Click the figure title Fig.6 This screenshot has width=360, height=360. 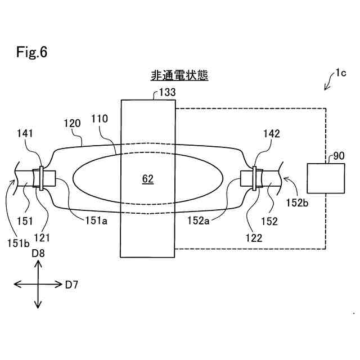(x=31, y=53)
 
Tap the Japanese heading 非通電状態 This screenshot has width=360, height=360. (x=179, y=75)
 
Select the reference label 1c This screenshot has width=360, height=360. (x=341, y=72)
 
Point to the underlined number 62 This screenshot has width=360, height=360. (x=147, y=179)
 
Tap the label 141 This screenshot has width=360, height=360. (x=25, y=133)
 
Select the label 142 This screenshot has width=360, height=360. (x=272, y=133)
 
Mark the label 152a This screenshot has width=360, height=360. (x=199, y=220)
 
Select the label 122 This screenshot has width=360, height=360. (x=254, y=238)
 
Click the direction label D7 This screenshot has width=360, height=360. (x=71, y=285)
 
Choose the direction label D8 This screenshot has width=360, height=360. (x=38, y=254)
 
